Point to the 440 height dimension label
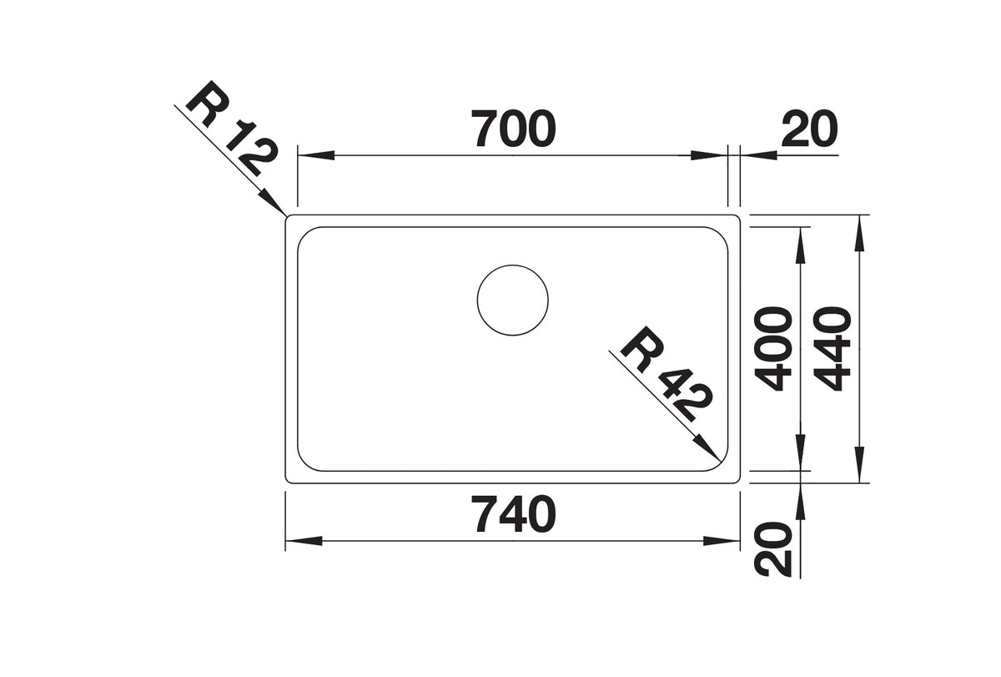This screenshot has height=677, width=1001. pos(832,348)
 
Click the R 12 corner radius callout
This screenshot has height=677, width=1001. pos(233,129)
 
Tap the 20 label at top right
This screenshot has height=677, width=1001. pos(809,129)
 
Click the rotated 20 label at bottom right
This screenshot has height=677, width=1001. pos(773,549)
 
